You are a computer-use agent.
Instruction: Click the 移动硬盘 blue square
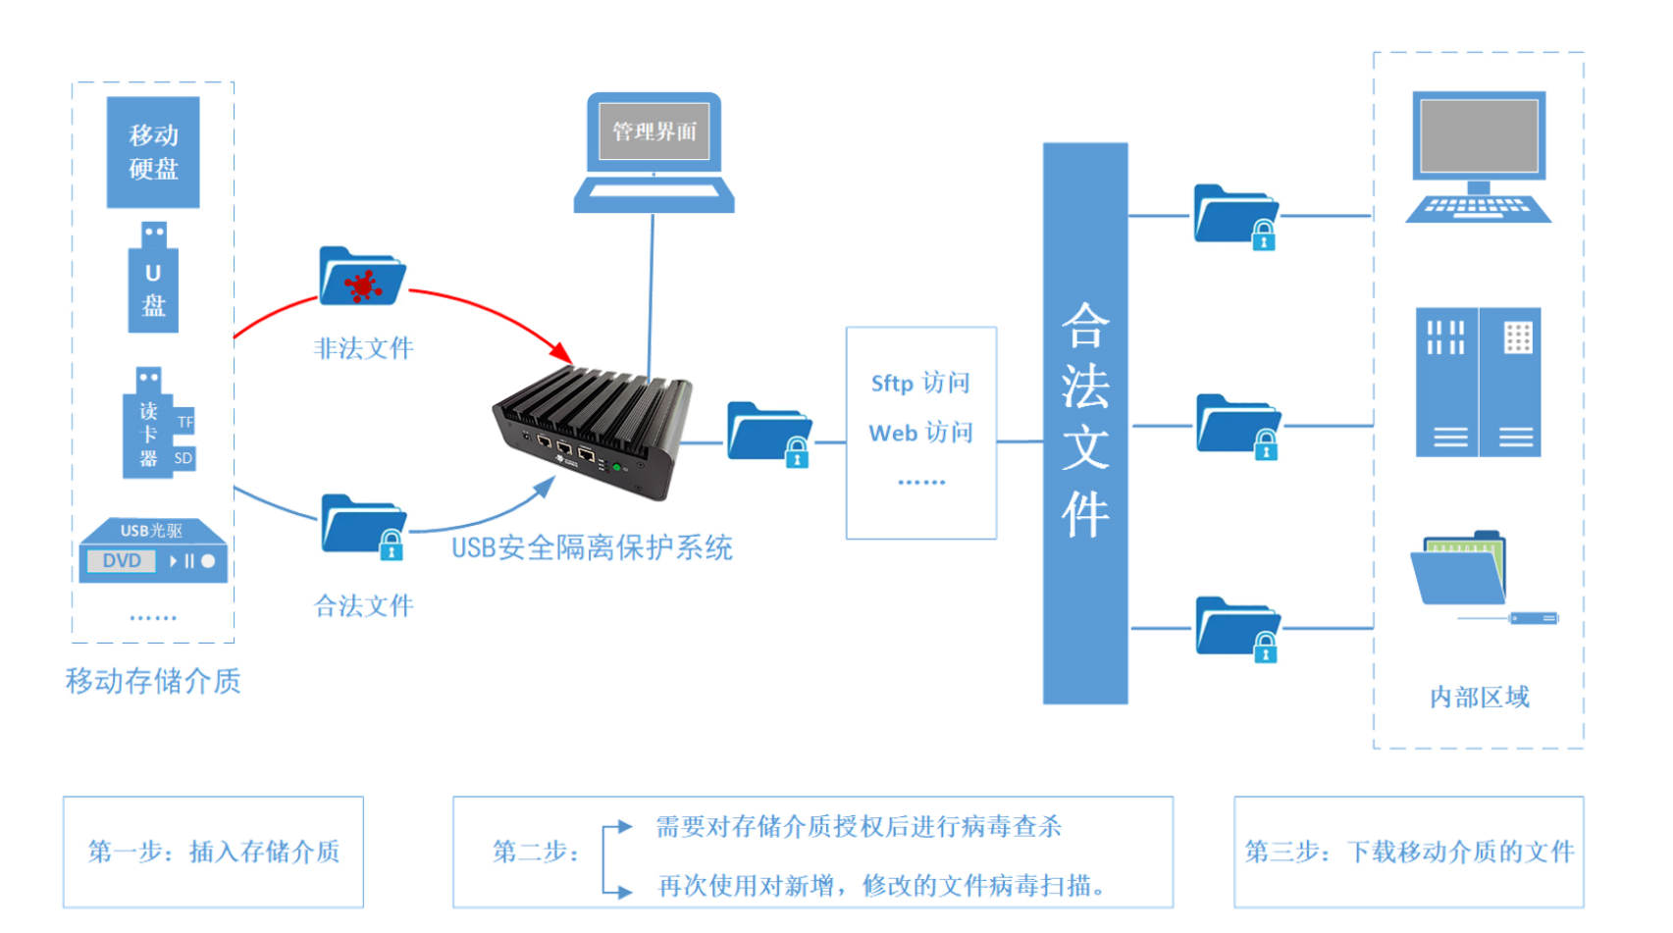(153, 152)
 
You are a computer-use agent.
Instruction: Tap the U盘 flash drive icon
(153, 281)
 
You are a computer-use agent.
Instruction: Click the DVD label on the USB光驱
(122, 561)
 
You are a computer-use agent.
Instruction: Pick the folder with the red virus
(362, 278)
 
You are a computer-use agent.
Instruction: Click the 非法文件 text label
(363, 348)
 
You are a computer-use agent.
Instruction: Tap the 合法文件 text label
(363, 606)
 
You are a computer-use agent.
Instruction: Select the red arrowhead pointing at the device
(561, 351)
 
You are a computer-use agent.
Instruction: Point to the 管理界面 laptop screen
(654, 131)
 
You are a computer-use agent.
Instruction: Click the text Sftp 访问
(920, 384)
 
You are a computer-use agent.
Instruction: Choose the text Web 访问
(920, 433)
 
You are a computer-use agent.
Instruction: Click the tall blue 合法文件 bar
(1084, 423)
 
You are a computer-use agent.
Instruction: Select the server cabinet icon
(1478, 383)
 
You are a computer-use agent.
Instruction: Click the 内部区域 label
(1479, 698)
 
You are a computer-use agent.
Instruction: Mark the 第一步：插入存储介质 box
(213, 852)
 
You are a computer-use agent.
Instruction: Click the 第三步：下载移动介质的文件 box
(1408, 852)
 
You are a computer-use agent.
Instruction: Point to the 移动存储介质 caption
(153, 681)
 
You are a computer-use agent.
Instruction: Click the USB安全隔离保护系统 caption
(592, 547)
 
